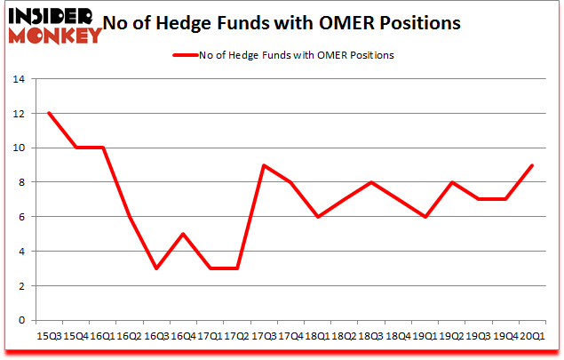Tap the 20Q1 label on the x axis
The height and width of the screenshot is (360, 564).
pyautogui.click(x=532, y=337)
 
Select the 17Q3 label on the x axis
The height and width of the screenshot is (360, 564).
pyautogui.click(x=263, y=337)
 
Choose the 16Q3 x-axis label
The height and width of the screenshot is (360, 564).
pyautogui.click(x=155, y=337)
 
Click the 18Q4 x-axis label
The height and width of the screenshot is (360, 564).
pyautogui.click(x=398, y=337)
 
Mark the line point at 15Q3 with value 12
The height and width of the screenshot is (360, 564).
pyautogui.click(x=49, y=113)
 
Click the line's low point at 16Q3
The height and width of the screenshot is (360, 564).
pyautogui.click(x=156, y=268)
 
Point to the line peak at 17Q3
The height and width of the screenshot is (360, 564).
pyautogui.click(x=264, y=165)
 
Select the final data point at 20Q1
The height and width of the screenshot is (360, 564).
pyautogui.click(x=533, y=165)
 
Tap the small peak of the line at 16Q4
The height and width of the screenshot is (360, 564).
pyautogui.click(x=183, y=234)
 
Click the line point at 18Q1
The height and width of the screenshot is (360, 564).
pyautogui.click(x=318, y=217)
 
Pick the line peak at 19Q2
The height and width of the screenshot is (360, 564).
pyautogui.click(x=452, y=182)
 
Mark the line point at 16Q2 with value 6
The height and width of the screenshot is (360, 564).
pyautogui.click(x=130, y=217)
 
